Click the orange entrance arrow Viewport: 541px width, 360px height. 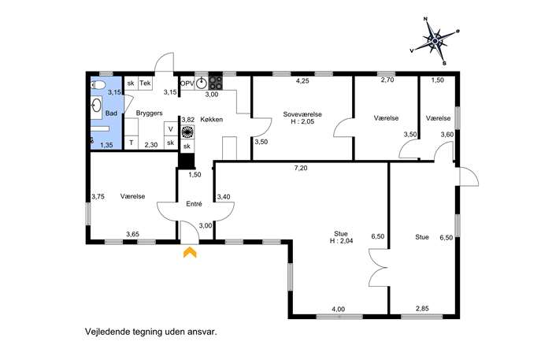click(190, 252)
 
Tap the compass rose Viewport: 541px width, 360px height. click(435, 41)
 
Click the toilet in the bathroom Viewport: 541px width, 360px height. click(98, 85)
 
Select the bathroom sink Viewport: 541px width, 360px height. click(97, 105)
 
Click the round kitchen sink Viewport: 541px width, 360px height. click(202, 84)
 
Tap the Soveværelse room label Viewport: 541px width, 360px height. click(302, 114)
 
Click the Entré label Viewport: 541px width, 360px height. click(194, 204)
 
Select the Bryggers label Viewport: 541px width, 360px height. click(149, 113)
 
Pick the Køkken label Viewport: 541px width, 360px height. click(212, 120)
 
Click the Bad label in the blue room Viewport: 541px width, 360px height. click(111, 113)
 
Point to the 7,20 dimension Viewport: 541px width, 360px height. click(301, 168)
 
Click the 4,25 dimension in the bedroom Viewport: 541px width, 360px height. click(302, 81)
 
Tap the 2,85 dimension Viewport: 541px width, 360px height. click(422, 308)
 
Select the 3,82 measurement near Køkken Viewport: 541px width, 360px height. click(188, 120)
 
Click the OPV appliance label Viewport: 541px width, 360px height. click(187, 84)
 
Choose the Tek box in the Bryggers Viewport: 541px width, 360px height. click(145, 84)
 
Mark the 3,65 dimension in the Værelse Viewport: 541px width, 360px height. click(132, 235)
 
